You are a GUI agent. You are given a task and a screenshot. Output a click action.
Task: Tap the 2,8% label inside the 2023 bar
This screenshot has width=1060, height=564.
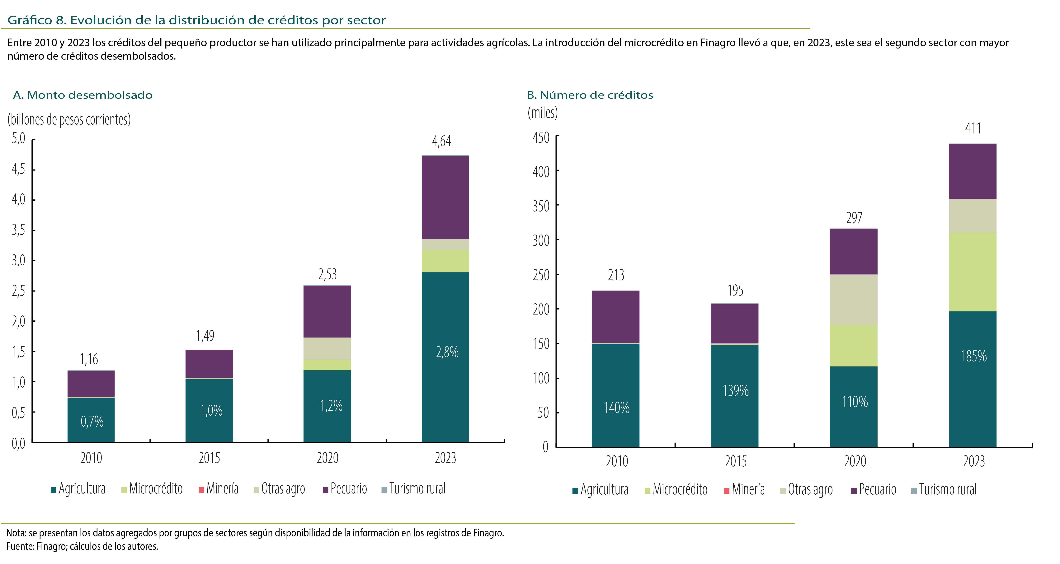pyautogui.click(x=447, y=352)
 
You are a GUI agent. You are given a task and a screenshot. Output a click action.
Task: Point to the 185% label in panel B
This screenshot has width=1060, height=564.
pyautogui.click(x=974, y=356)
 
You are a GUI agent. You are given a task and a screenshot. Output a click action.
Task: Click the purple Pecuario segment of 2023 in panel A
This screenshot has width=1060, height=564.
pyautogui.click(x=445, y=198)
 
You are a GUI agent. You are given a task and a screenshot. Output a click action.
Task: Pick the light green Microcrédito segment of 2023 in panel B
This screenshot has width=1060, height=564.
pyautogui.click(x=973, y=272)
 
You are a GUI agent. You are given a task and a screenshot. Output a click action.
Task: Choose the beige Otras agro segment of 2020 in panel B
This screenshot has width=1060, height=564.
pyautogui.click(x=853, y=300)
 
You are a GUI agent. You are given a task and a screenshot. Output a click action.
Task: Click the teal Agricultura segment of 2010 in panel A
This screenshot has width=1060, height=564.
pyautogui.click(x=91, y=420)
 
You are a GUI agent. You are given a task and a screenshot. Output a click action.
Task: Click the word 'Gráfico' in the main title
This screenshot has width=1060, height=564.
pyautogui.click(x=30, y=20)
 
